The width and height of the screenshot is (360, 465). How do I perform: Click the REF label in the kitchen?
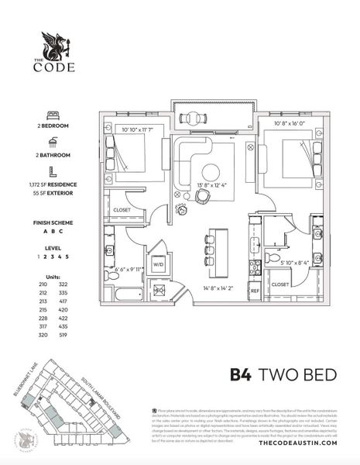(x=253, y=291)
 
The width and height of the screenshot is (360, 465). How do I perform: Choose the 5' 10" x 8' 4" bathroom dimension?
(x=284, y=262)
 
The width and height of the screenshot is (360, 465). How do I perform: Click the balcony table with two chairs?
(x=190, y=118)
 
